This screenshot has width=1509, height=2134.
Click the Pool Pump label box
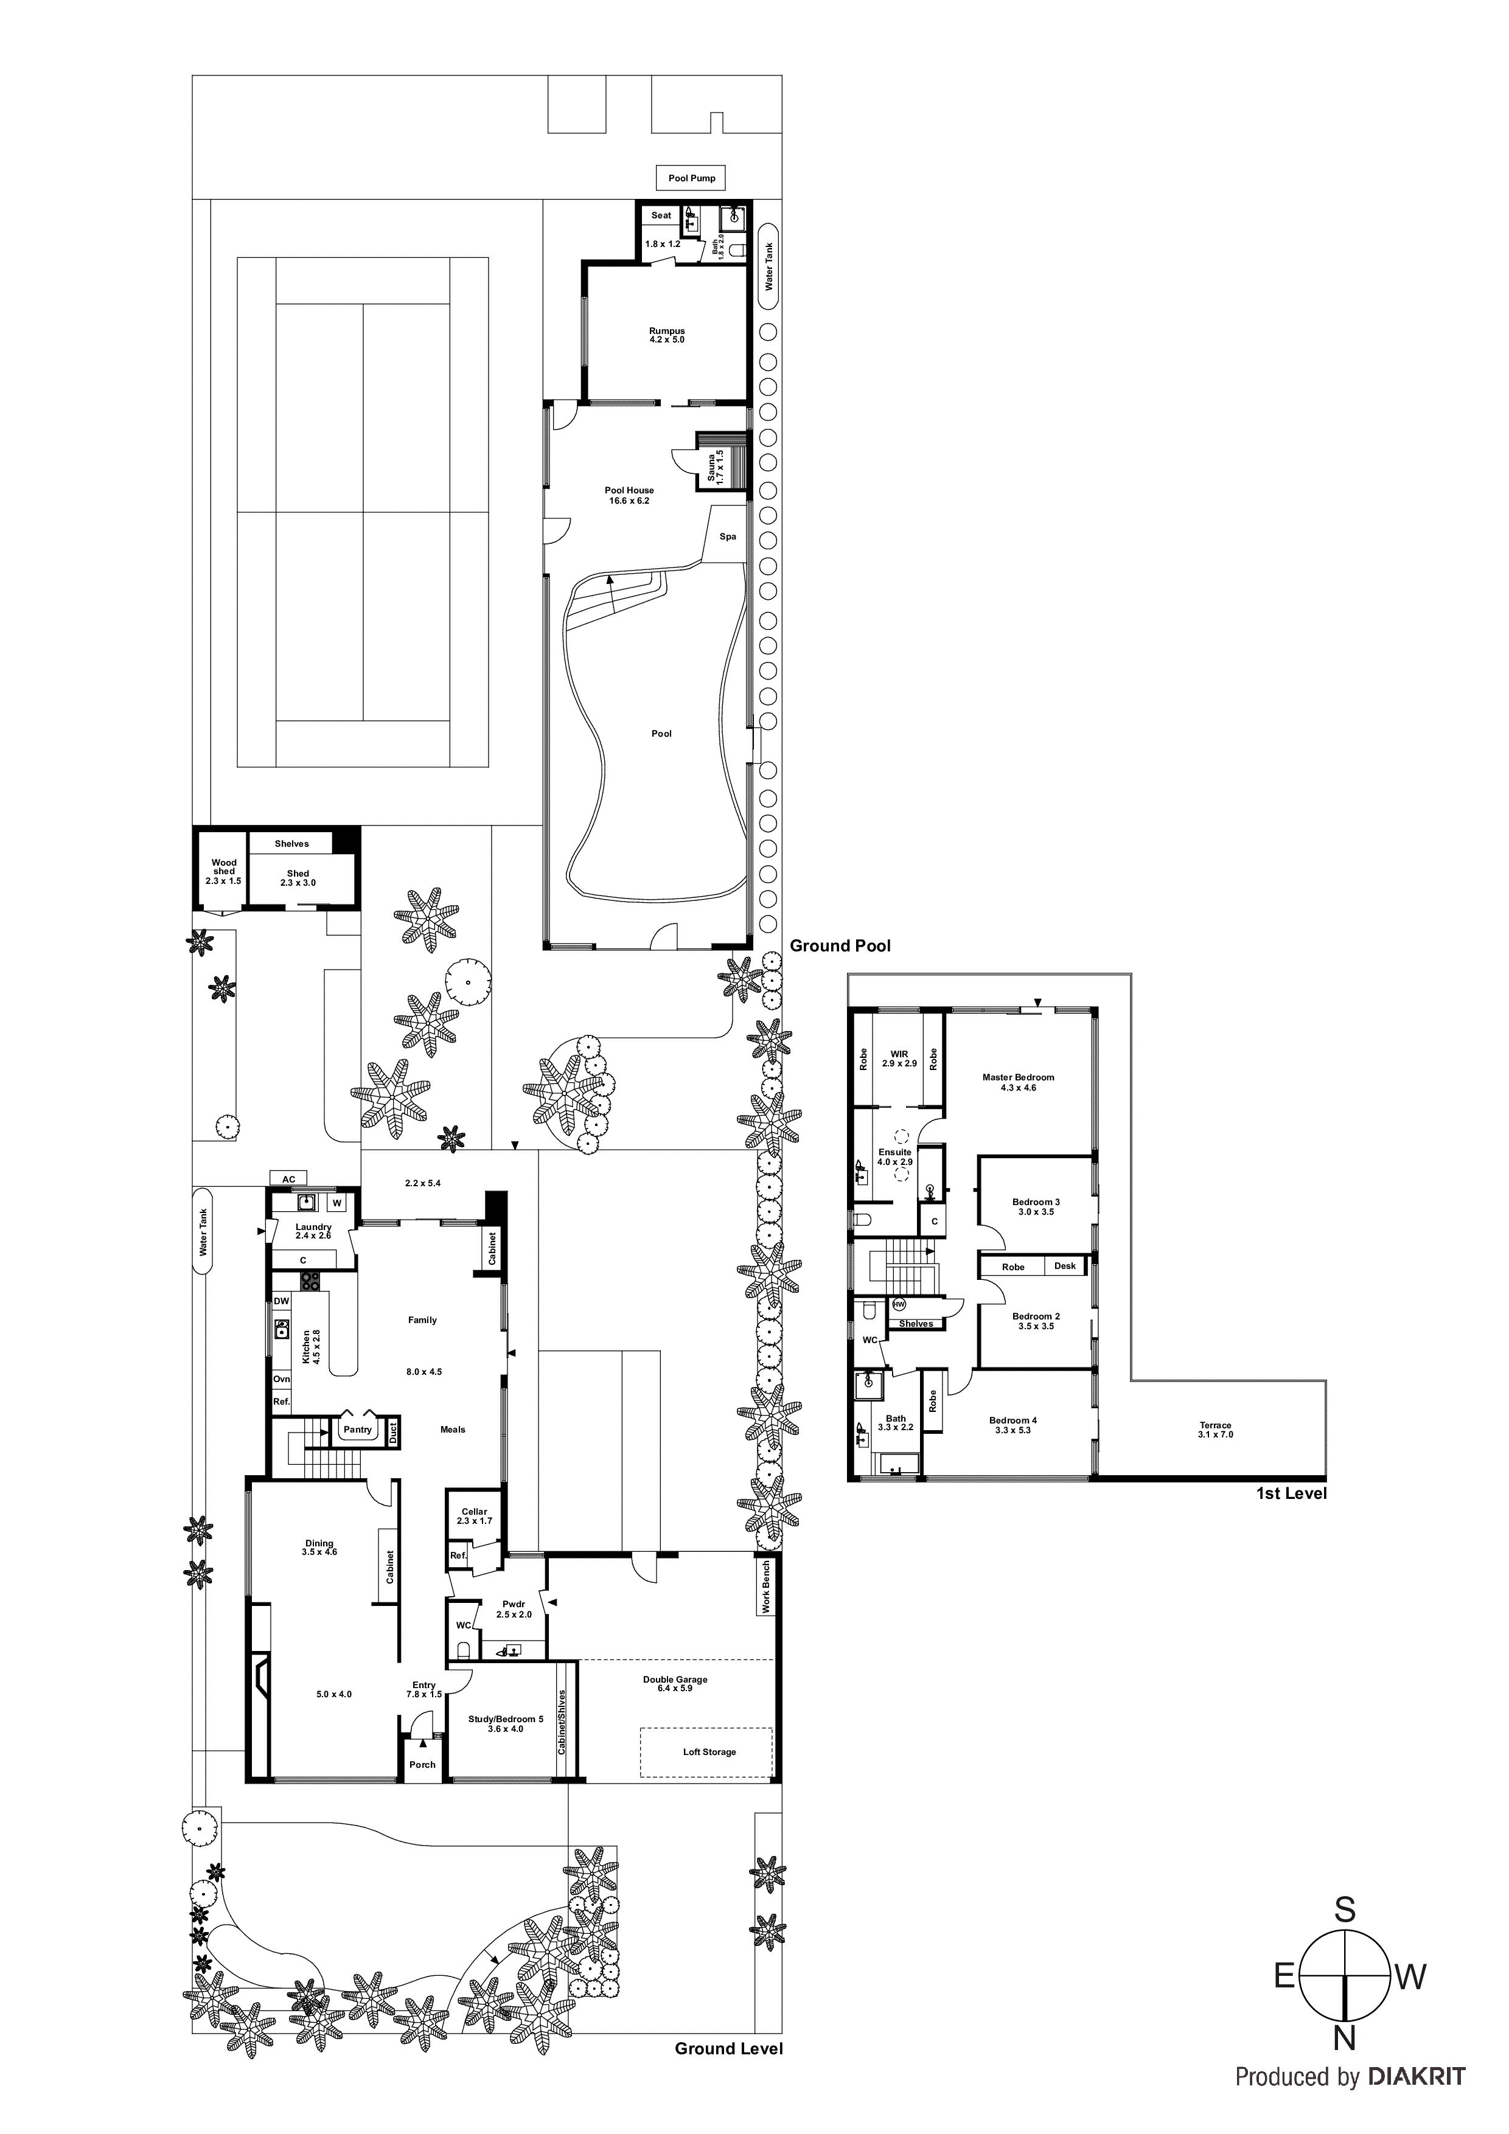coord(692,178)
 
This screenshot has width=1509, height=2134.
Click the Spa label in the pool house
coord(728,537)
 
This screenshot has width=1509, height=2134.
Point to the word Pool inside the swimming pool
coord(661,733)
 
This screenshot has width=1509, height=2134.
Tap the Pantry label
coord(357,1430)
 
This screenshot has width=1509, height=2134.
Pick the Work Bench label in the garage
coord(766,1587)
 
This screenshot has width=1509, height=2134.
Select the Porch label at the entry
coord(422,1765)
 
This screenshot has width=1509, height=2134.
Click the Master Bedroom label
coord(1018,1082)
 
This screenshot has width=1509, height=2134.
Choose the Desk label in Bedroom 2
coord(1065,1266)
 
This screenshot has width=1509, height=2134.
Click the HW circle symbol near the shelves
coord(898,1304)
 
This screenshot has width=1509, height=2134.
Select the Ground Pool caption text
coord(840,946)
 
